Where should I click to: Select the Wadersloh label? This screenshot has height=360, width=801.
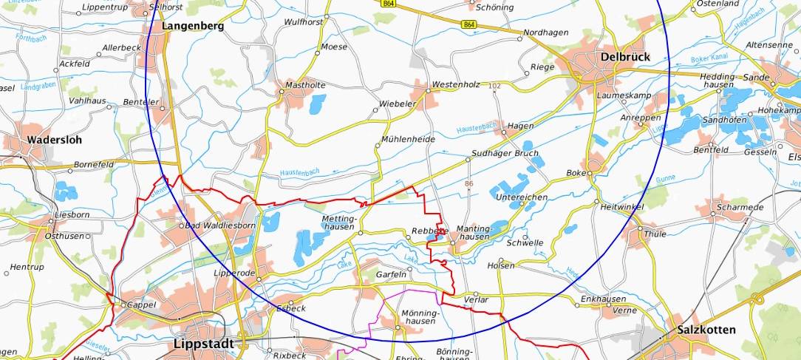[x=54, y=140]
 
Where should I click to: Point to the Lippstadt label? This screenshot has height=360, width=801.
[x=202, y=344]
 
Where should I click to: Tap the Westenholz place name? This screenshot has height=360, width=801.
[x=456, y=85]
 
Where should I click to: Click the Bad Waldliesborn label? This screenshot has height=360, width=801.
[x=220, y=225]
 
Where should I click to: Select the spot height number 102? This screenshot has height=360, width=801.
[x=494, y=86]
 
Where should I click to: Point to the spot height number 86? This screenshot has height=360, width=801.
[x=468, y=183]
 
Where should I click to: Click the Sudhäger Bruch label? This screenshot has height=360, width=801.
[x=505, y=154]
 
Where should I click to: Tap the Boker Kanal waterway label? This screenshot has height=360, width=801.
[x=709, y=58]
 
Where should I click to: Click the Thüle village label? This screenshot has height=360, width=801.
[x=655, y=234]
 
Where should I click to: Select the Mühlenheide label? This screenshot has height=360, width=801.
[x=409, y=140]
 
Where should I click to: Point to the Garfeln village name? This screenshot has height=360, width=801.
[x=392, y=274]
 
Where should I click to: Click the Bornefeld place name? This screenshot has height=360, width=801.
[x=94, y=164]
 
